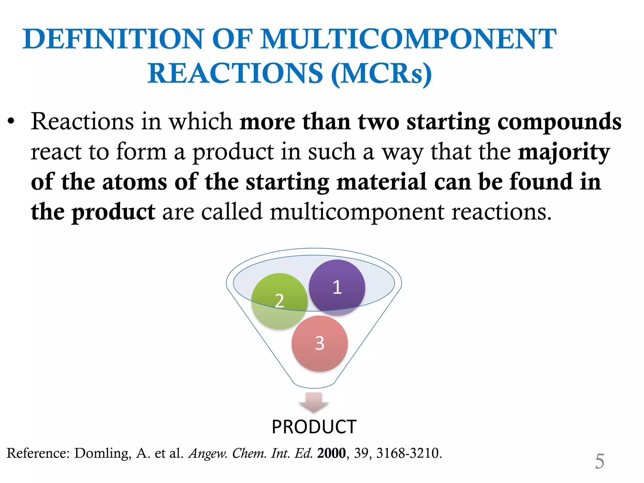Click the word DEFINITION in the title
(x=114, y=39)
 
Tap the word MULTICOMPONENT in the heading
(x=409, y=39)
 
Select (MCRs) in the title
(x=381, y=74)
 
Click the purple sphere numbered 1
(x=337, y=287)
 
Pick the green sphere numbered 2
(x=279, y=301)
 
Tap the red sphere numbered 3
(x=319, y=343)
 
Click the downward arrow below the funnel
(x=314, y=402)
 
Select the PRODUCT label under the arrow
(x=314, y=427)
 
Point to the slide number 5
(x=599, y=461)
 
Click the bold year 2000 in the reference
(x=331, y=453)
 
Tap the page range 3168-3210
(x=409, y=453)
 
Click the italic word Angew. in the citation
(x=208, y=453)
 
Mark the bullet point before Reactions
(x=11, y=122)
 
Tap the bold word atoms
(x=135, y=182)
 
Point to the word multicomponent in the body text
(x=357, y=212)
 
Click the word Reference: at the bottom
(x=38, y=453)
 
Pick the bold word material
(x=381, y=182)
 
